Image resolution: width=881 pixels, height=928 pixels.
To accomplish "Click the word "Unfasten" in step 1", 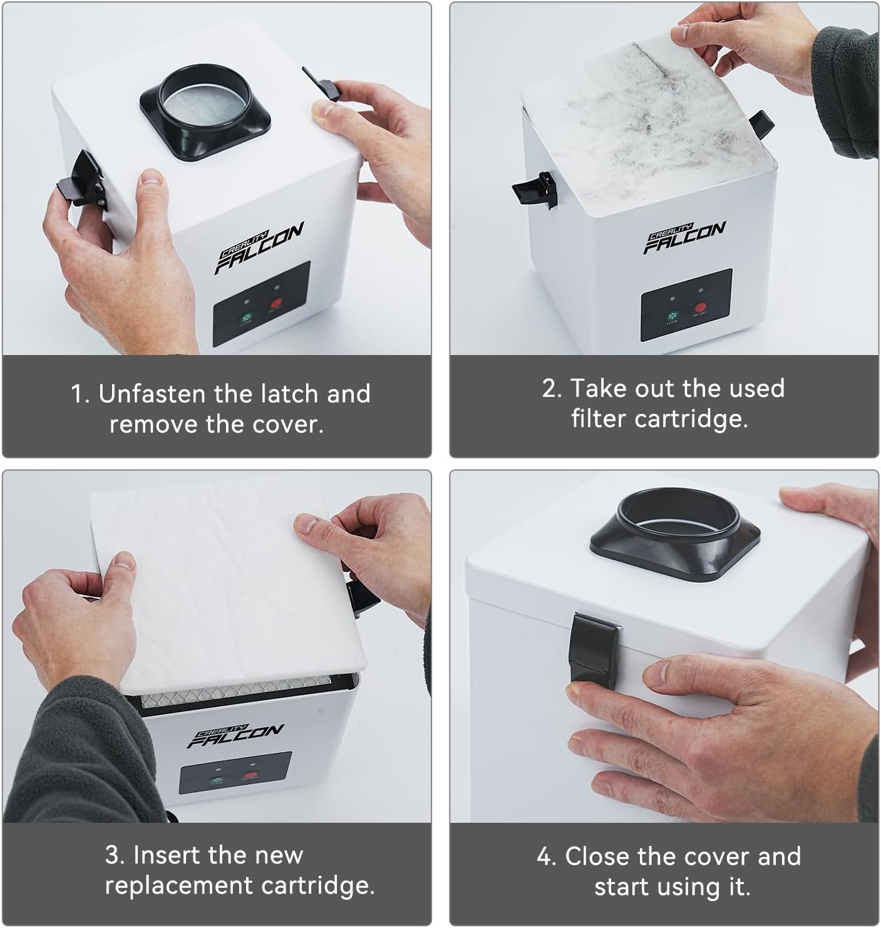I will pos(151,394).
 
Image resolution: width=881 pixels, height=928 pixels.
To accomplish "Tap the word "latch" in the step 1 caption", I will pos(287,394).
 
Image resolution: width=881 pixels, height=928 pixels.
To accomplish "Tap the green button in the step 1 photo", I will pos(244,316).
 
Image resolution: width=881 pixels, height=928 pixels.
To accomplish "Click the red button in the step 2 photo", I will pos(700,308).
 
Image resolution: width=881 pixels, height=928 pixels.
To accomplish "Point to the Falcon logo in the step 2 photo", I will pos(686,237).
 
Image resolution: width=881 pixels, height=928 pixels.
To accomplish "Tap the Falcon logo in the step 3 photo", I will pos(236,735).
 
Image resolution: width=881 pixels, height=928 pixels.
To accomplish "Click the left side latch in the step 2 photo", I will pos(535,188).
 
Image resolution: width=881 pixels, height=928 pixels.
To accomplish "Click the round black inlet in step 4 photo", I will pos(675,529).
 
